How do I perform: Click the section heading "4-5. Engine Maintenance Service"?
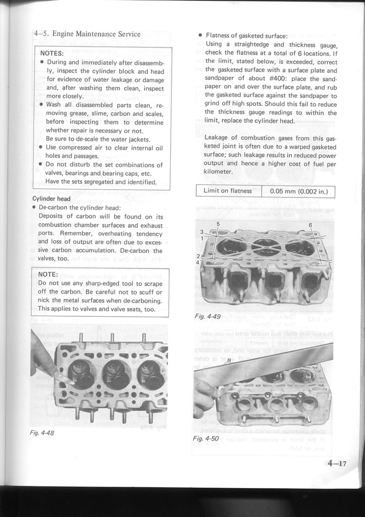pyautogui.click(x=87, y=34)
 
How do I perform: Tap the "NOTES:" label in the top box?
pyautogui.click(x=52, y=54)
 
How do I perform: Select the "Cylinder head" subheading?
pyautogui.click(x=52, y=199)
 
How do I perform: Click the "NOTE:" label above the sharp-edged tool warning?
pyautogui.click(x=48, y=274)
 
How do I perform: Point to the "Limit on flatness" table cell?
pyautogui.click(x=228, y=191)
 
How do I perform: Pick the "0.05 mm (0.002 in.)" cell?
pyautogui.click(x=299, y=191)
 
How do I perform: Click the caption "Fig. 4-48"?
pyautogui.click(x=42, y=433)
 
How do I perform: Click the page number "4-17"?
pyautogui.click(x=337, y=463)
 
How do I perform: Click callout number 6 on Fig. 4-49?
pyautogui.click(x=310, y=225)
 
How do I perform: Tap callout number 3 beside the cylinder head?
pyautogui.click(x=201, y=232)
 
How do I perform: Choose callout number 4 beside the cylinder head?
pyautogui.click(x=198, y=263)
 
